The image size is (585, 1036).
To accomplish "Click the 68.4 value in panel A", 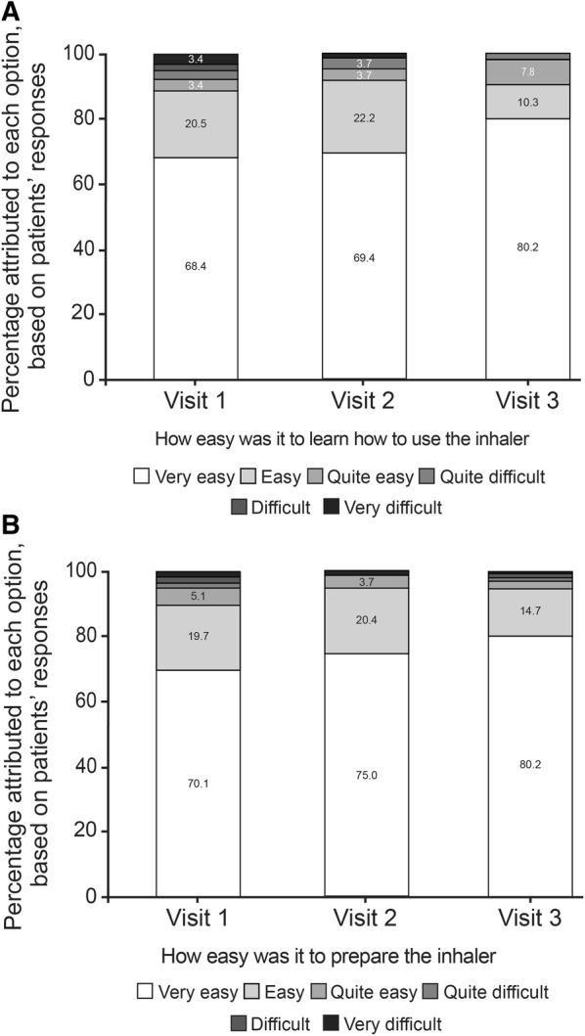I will (x=196, y=266).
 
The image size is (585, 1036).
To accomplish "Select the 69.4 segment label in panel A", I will (x=365, y=266).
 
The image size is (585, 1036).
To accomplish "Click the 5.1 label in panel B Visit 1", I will (x=196, y=596).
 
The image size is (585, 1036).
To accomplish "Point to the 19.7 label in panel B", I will (x=196, y=636).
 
